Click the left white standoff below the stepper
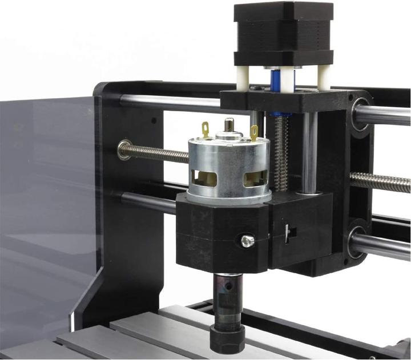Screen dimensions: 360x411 point(247,78)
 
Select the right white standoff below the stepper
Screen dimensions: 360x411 point(324,77)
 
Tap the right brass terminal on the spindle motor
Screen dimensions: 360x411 point(253,132)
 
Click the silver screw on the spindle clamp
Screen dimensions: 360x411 point(247,241)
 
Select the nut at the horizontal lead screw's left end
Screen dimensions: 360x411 point(124,150)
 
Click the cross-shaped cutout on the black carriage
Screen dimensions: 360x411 point(289,232)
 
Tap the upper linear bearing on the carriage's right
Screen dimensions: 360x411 point(361,114)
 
